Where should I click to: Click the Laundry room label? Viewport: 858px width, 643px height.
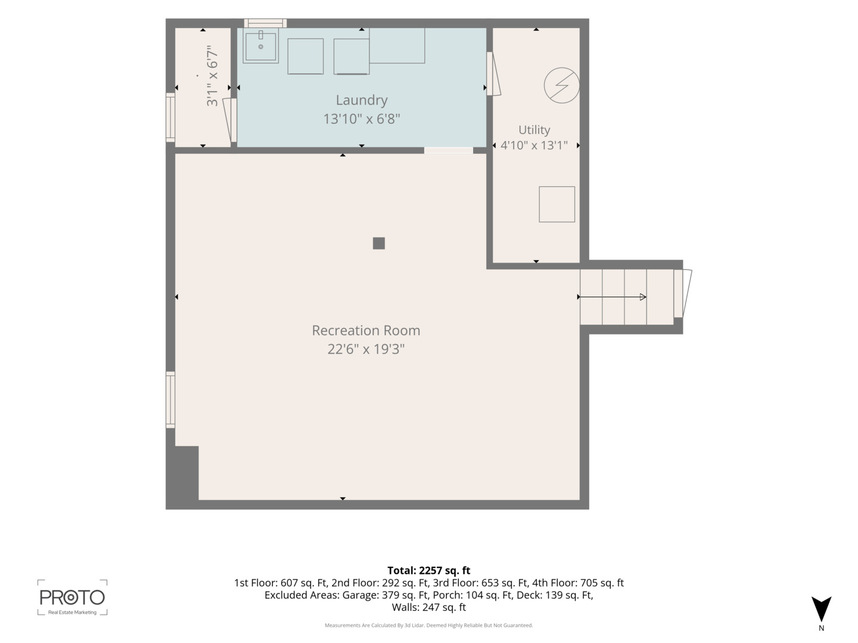click(362, 101)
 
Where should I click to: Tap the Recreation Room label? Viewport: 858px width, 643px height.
click(366, 330)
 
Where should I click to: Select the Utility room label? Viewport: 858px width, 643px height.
click(534, 130)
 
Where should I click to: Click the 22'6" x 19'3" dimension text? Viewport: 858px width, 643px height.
click(366, 349)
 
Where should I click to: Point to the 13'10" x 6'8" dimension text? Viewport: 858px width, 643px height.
click(362, 118)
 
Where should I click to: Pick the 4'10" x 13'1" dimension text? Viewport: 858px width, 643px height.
click(534, 146)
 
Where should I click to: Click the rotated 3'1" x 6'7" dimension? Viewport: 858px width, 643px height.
click(212, 76)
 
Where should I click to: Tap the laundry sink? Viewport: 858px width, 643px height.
click(261, 46)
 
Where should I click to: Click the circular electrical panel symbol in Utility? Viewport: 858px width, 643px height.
click(562, 85)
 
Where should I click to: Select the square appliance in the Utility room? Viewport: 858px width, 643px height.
click(557, 204)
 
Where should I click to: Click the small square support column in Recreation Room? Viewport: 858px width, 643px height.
click(378, 244)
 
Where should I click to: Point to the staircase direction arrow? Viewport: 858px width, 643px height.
click(612, 297)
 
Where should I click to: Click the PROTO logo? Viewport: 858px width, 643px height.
click(72, 597)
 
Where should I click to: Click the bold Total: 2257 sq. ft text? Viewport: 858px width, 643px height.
click(429, 570)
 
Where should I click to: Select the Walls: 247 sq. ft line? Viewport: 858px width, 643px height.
click(429, 607)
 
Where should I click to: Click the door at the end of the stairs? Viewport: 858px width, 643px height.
click(682, 293)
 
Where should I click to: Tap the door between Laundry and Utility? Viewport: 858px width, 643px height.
click(493, 74)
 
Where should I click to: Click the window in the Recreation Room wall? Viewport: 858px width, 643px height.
click(170, 399)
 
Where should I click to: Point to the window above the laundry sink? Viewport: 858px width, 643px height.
click(265, 23)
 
